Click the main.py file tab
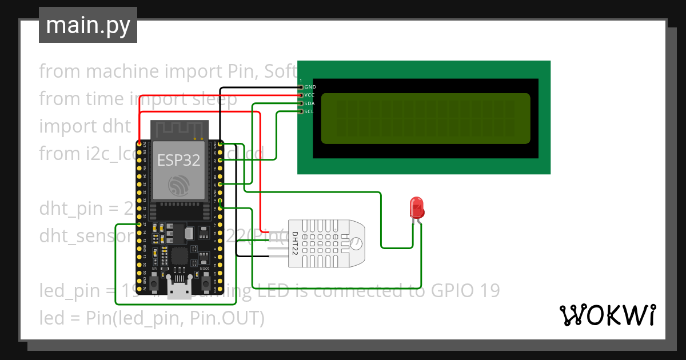click(87, 25)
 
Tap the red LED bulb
click(417, 207)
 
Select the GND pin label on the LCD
click(310, 87)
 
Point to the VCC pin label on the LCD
click(310, 95)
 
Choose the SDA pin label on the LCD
click(310, 103)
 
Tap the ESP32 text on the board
click(179, 161)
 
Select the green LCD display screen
click(425, 118)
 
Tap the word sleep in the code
click(214, 99)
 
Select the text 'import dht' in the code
click(85, 126)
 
